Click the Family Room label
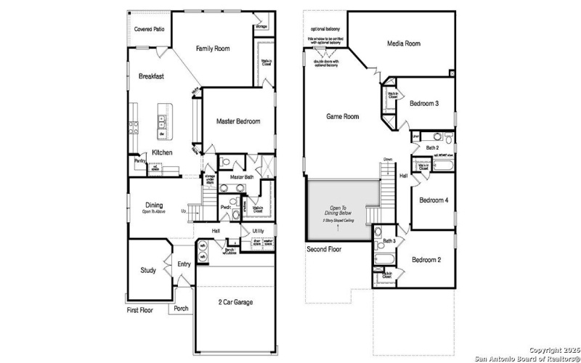[213, 49]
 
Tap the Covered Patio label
[148, 29]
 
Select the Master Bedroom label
[237, 121]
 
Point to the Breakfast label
[151, 76]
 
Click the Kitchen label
[162, 152]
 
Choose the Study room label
[148, 271]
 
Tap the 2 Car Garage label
[236, 301]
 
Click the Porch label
[181, 308]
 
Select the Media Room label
[403, 44]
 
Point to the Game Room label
[342, 116]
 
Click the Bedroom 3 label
[423, 104]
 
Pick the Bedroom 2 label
[426, 259]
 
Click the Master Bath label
[241, 177]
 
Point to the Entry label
[184, 264]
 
